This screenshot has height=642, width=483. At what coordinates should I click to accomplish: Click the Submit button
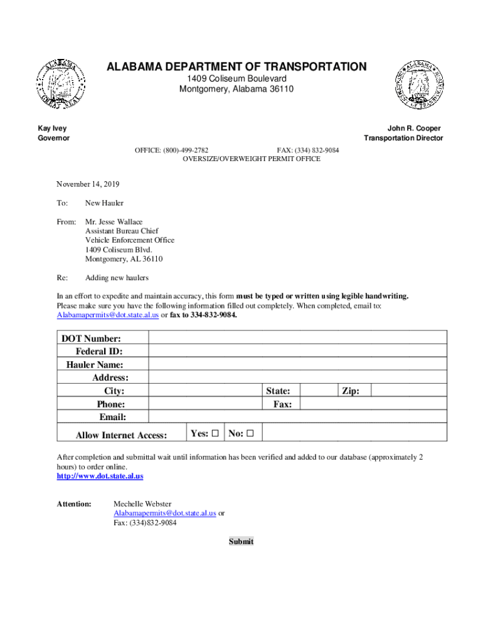242,542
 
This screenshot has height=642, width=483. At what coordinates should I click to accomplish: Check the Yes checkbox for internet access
215,433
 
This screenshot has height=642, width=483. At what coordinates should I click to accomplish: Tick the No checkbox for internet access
250,433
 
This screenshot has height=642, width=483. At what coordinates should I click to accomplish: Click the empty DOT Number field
297,339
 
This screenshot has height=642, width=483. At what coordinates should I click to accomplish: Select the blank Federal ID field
297,352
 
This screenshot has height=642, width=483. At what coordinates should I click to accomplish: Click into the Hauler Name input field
297,365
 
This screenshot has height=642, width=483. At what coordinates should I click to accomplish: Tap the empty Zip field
408,391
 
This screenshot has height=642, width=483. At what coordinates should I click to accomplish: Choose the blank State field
319,391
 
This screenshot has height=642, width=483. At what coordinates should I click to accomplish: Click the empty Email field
297,417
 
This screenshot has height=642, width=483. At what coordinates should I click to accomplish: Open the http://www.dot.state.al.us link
100,476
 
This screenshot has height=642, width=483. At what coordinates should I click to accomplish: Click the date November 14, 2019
88,184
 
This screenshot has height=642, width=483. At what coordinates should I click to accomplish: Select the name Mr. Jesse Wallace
114,222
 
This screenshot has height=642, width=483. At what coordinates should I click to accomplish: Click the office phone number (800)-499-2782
186,150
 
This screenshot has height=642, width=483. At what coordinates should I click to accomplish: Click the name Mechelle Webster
142,504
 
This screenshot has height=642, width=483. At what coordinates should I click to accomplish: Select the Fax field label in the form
282,404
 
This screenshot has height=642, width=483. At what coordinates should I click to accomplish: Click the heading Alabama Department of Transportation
236,66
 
